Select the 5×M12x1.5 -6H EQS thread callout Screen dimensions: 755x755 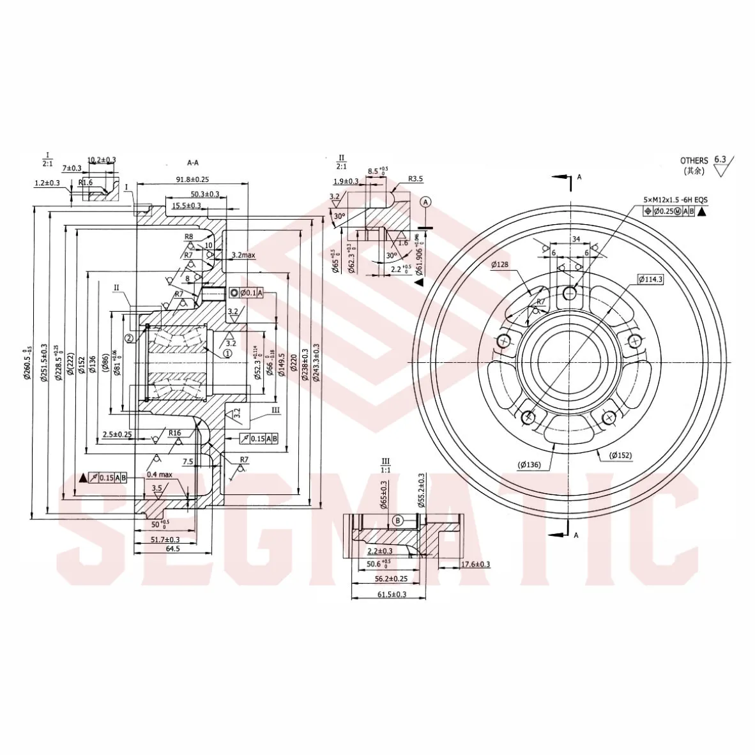click(x=675, y=200)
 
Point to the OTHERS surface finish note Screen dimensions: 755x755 click(x=694, y=160)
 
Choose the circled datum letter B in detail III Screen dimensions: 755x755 click(x=397, y=521)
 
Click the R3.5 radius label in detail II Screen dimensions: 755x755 click(x=415, y=179)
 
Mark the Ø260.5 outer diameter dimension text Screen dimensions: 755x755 click(x=26, y=363)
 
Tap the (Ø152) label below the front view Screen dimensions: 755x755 click(x=620, y=455)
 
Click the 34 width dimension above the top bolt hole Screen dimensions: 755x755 click(x=576, y=239)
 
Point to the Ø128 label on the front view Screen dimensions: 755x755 click(x=500, y=264)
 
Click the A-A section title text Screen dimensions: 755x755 click(x=194, y=162)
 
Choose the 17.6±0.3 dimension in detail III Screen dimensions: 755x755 click(x=475, y=564)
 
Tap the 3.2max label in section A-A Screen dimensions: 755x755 click(x=243, y=255)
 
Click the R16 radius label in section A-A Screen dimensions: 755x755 click(x=175, y=432)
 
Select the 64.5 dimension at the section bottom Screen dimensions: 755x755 click(x=172, y=549)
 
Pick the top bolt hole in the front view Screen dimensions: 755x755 click(x=569, y=293)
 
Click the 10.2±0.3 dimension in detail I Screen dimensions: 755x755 click(x=102, y=160)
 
